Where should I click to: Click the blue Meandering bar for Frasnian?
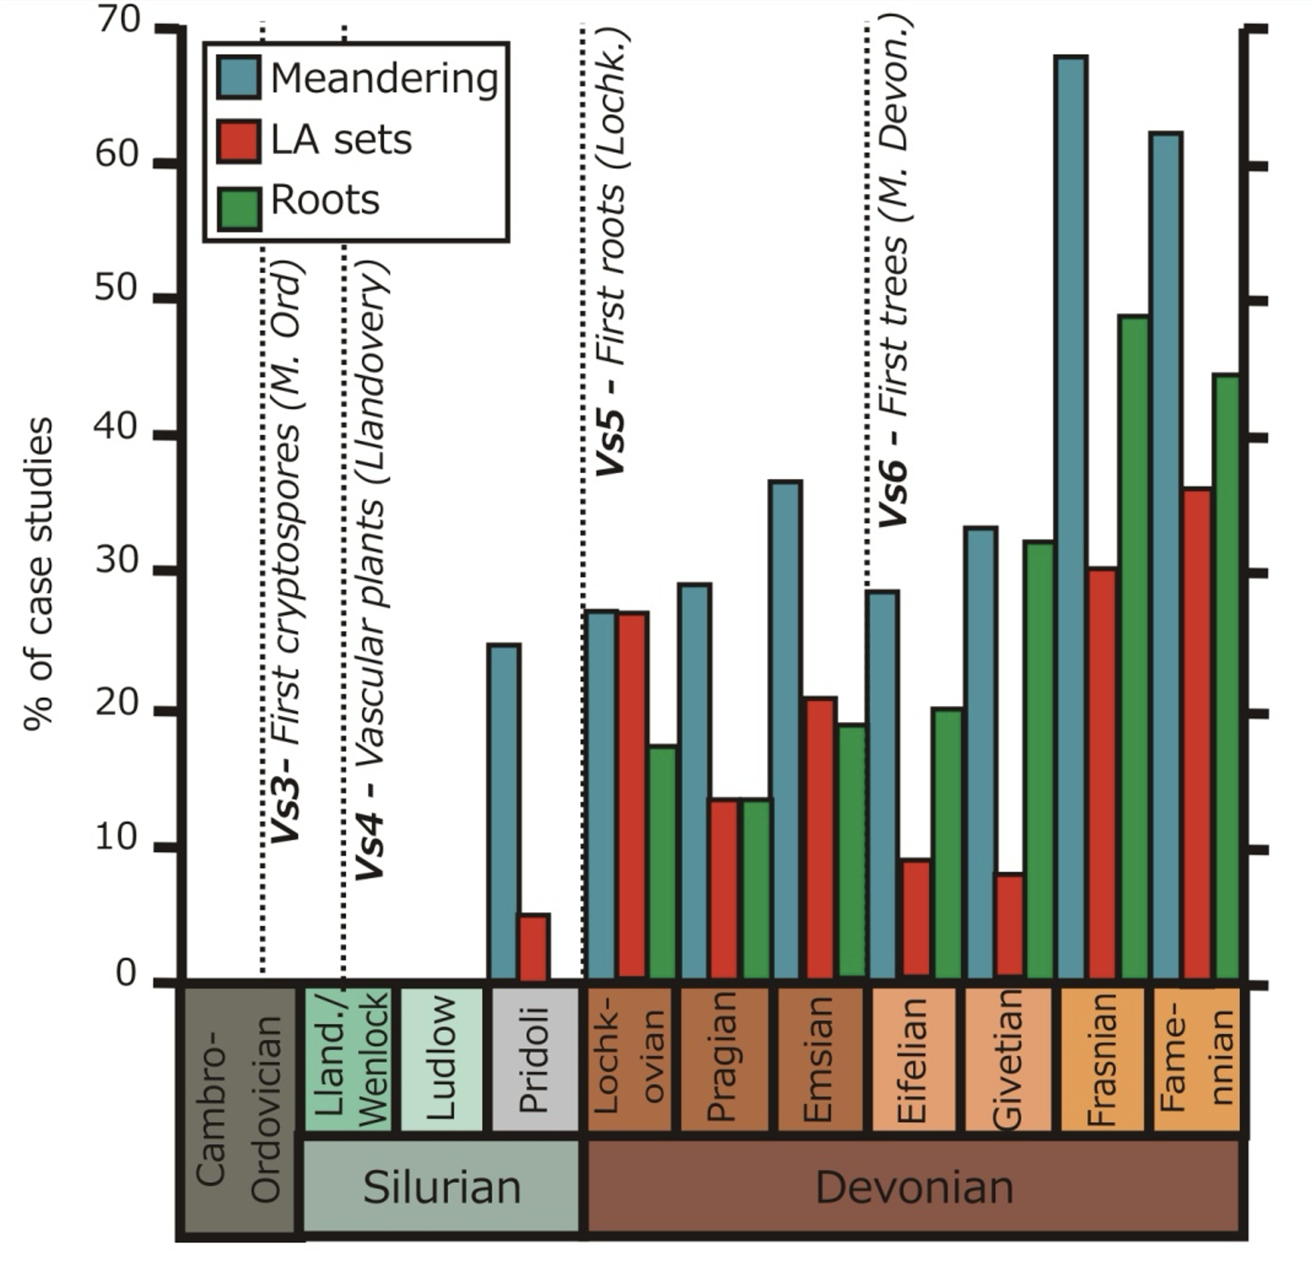pyautogui.click(x=1072, y=517)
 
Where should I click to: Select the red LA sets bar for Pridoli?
pyautogui.click(x=533, y=946)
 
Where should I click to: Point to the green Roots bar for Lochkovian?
pyautogui.click(x=662, y=862)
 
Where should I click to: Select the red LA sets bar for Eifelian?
pyautogui.click(x=915, y=918)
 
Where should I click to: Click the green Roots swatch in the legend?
pyautogui.click(x=239, y=208)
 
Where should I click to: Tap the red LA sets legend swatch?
pyautogui.click(x=239, y=141)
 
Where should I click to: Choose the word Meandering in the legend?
pyautogui.click(x=384, y=79)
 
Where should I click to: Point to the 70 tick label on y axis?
pyautogui.click(x=118, y=22)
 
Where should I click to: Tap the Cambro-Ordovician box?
pyautogui.click(x=239, y=1110)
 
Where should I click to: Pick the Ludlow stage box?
pyautogui.click(x=441, y=1059)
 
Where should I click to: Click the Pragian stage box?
pyautogui.click(x=723, y=1059)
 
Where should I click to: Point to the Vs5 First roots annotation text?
pyautogui.click(x=611, y=252)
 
